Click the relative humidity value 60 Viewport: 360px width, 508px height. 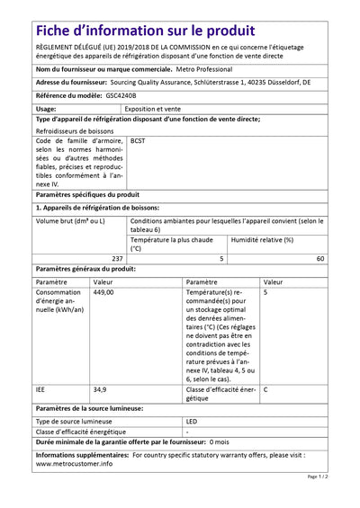tap(320, 258)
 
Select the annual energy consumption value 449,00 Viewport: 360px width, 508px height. tap(103, 293)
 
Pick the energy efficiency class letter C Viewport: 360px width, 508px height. tap(265, 389)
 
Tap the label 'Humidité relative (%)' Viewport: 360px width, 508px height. tap(263, 240)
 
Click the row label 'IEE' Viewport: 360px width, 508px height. tap(41, 389)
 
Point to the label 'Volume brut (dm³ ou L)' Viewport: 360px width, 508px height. tap(71, 220)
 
